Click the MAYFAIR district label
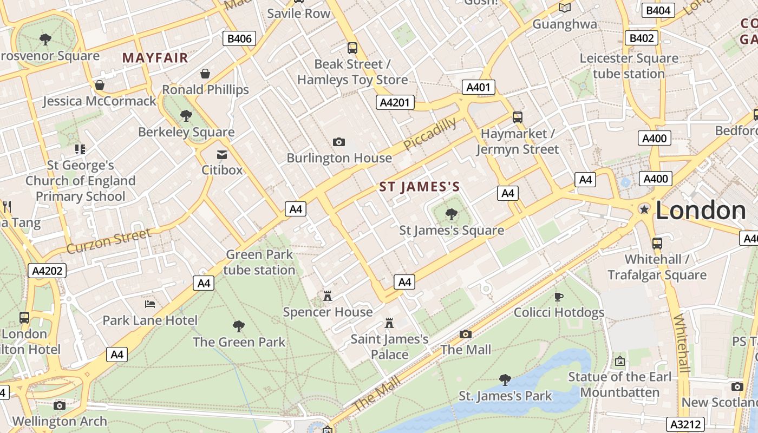(155, 57)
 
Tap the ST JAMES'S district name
(420, 187)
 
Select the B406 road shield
(239, 38)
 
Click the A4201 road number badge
(395, 102)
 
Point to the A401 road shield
(478, 87)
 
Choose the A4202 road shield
(47, 271)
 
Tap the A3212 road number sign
(685, 424)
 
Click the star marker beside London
(644, 209)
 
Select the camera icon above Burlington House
(339, 142)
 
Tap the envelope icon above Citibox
(222, 154)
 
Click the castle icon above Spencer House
(327, 296)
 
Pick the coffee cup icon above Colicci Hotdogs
(559, 297)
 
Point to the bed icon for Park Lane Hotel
(150, 304)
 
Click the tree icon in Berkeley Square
(186, 115)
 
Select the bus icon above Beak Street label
(352, 48)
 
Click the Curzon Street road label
(109, 241)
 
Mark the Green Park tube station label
(259, 262)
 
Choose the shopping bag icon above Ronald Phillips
(205, 74)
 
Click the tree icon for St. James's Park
(505, 379)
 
